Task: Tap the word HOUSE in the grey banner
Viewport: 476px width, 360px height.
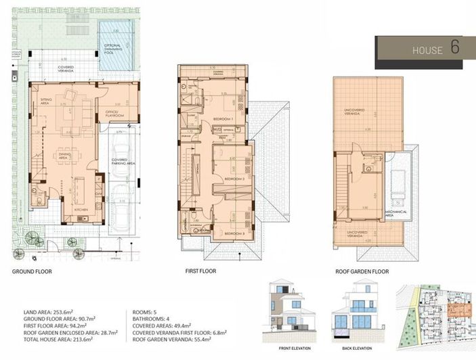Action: point(427,51)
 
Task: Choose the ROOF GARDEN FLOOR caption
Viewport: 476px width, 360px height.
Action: point(362,271)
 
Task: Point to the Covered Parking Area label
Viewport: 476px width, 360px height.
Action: point(123,162)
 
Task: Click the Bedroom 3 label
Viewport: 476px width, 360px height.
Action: point(234,233)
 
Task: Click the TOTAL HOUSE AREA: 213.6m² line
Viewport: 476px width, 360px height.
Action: point(53,339)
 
